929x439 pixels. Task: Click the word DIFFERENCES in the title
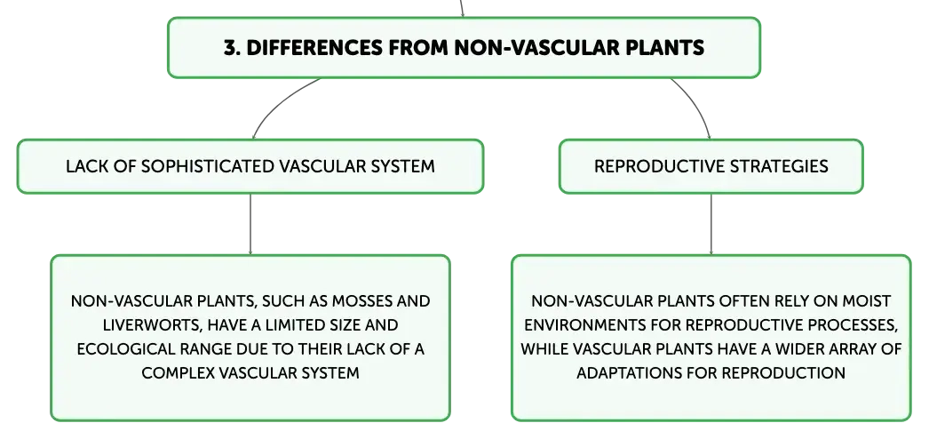314,47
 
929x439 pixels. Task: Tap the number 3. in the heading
231,47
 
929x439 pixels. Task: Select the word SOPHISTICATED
209,166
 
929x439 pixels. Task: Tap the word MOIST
868,301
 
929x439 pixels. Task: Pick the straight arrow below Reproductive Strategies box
711,225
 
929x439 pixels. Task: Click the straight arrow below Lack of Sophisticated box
250,225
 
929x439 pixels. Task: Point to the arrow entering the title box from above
462,8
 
